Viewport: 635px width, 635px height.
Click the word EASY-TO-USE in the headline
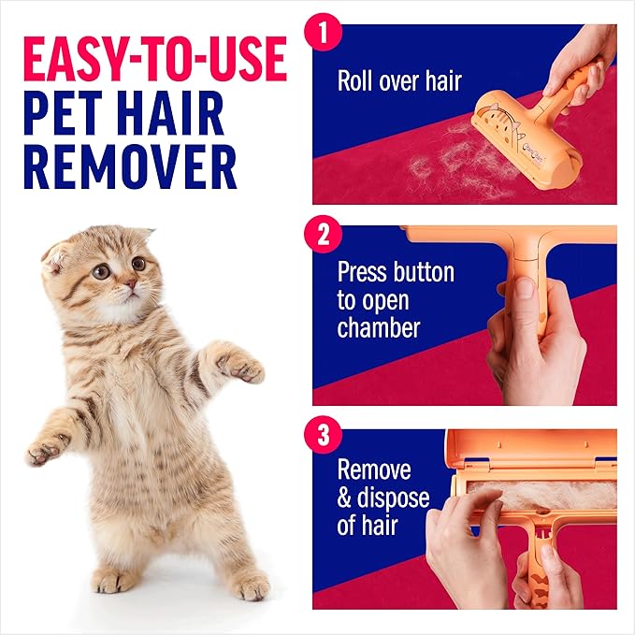[x=153, y=59]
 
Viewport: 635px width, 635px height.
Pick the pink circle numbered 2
[x=324, y=234]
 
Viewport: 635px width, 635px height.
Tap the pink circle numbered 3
[x=324, y=437]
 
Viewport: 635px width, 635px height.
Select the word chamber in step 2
[x=379, y=328]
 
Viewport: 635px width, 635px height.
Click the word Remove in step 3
[x=374, y=469]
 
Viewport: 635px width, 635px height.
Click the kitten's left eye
[x=102, y=271]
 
